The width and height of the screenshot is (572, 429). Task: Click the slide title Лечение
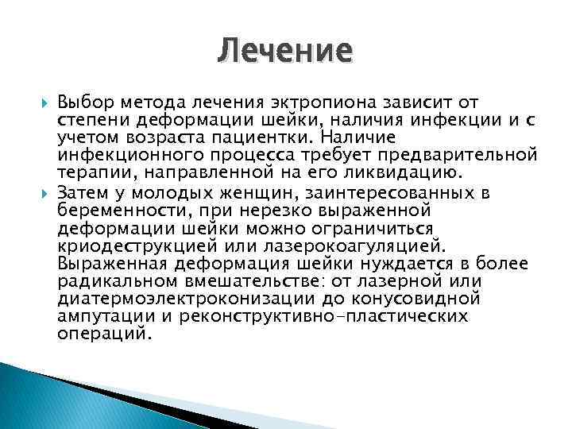coord(284,52)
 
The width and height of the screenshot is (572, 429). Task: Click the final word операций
coord(103,334)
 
